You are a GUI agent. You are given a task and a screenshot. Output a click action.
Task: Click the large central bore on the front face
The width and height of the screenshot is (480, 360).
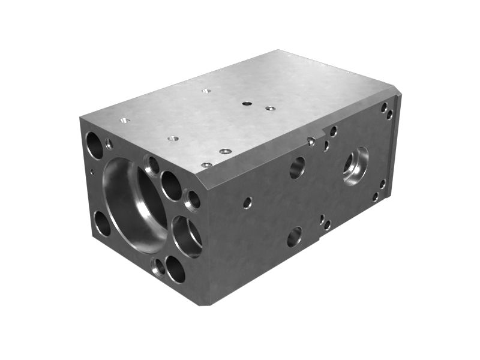pos(134,204)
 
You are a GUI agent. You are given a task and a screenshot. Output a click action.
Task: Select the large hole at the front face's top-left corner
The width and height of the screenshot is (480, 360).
pos(94,145)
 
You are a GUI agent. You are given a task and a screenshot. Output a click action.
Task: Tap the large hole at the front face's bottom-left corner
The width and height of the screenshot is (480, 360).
pos(102,223)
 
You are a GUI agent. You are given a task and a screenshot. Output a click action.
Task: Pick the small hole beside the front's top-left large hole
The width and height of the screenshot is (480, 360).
pos(109,143)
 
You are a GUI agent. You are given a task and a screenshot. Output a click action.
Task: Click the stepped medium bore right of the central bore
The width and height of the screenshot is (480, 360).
pos(187,236)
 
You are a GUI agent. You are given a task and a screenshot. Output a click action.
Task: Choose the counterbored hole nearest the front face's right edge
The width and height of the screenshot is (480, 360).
pos(193,200)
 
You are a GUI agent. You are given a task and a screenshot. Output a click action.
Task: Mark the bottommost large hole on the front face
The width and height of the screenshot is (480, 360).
pos(175,269)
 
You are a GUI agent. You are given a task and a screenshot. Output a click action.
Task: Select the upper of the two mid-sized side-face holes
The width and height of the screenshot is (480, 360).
pos(297,167)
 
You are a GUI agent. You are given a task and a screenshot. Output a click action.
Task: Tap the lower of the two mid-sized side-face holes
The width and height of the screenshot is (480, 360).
pos(294,236)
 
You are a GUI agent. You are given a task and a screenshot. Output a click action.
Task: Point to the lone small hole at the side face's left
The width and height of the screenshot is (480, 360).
pos(247,203)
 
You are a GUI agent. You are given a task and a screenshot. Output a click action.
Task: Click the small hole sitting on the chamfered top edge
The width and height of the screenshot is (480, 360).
pos(311,142)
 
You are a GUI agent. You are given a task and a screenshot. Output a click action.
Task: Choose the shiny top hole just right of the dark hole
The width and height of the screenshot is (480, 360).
pos(270,109)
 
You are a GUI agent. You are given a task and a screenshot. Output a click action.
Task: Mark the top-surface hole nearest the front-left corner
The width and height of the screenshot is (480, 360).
pos(125,120)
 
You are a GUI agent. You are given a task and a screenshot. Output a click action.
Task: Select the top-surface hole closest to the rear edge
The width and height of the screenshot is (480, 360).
pos(206,91)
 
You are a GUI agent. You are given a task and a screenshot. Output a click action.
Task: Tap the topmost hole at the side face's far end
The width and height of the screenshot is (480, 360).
pos(384,107)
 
